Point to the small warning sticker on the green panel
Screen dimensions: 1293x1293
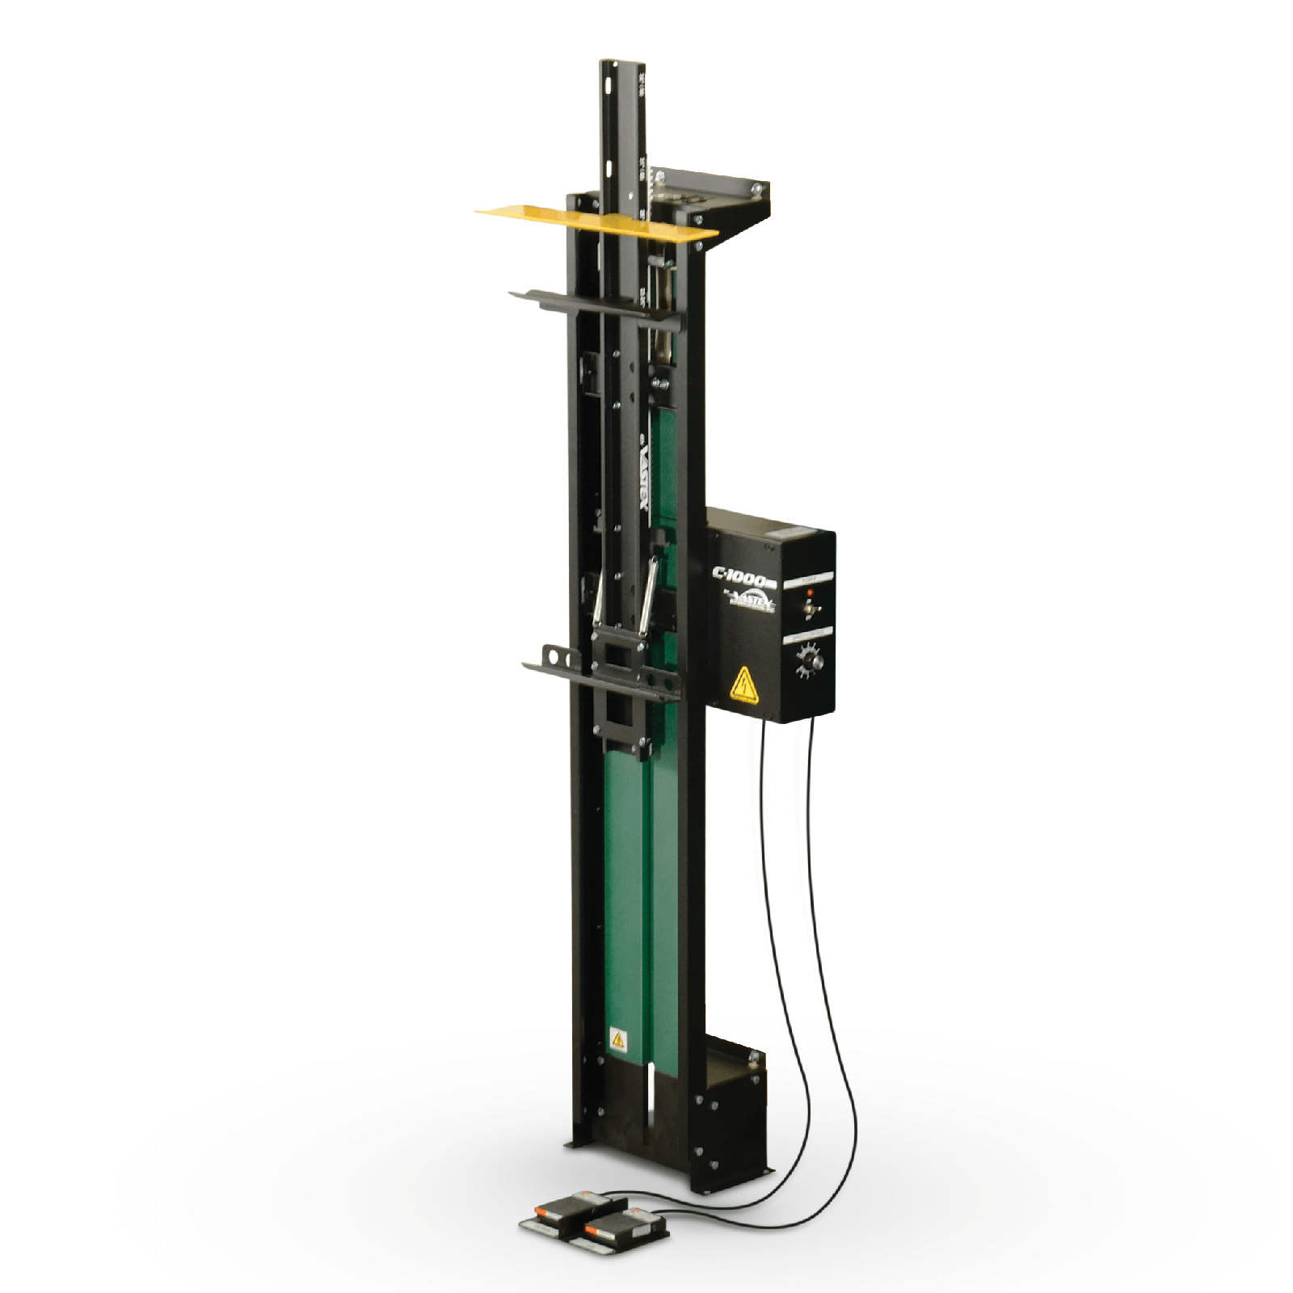[x=618, y=1038]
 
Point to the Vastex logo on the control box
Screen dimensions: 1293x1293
[x=752, y=602]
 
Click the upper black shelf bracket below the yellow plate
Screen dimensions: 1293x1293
[x=594, y=307]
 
